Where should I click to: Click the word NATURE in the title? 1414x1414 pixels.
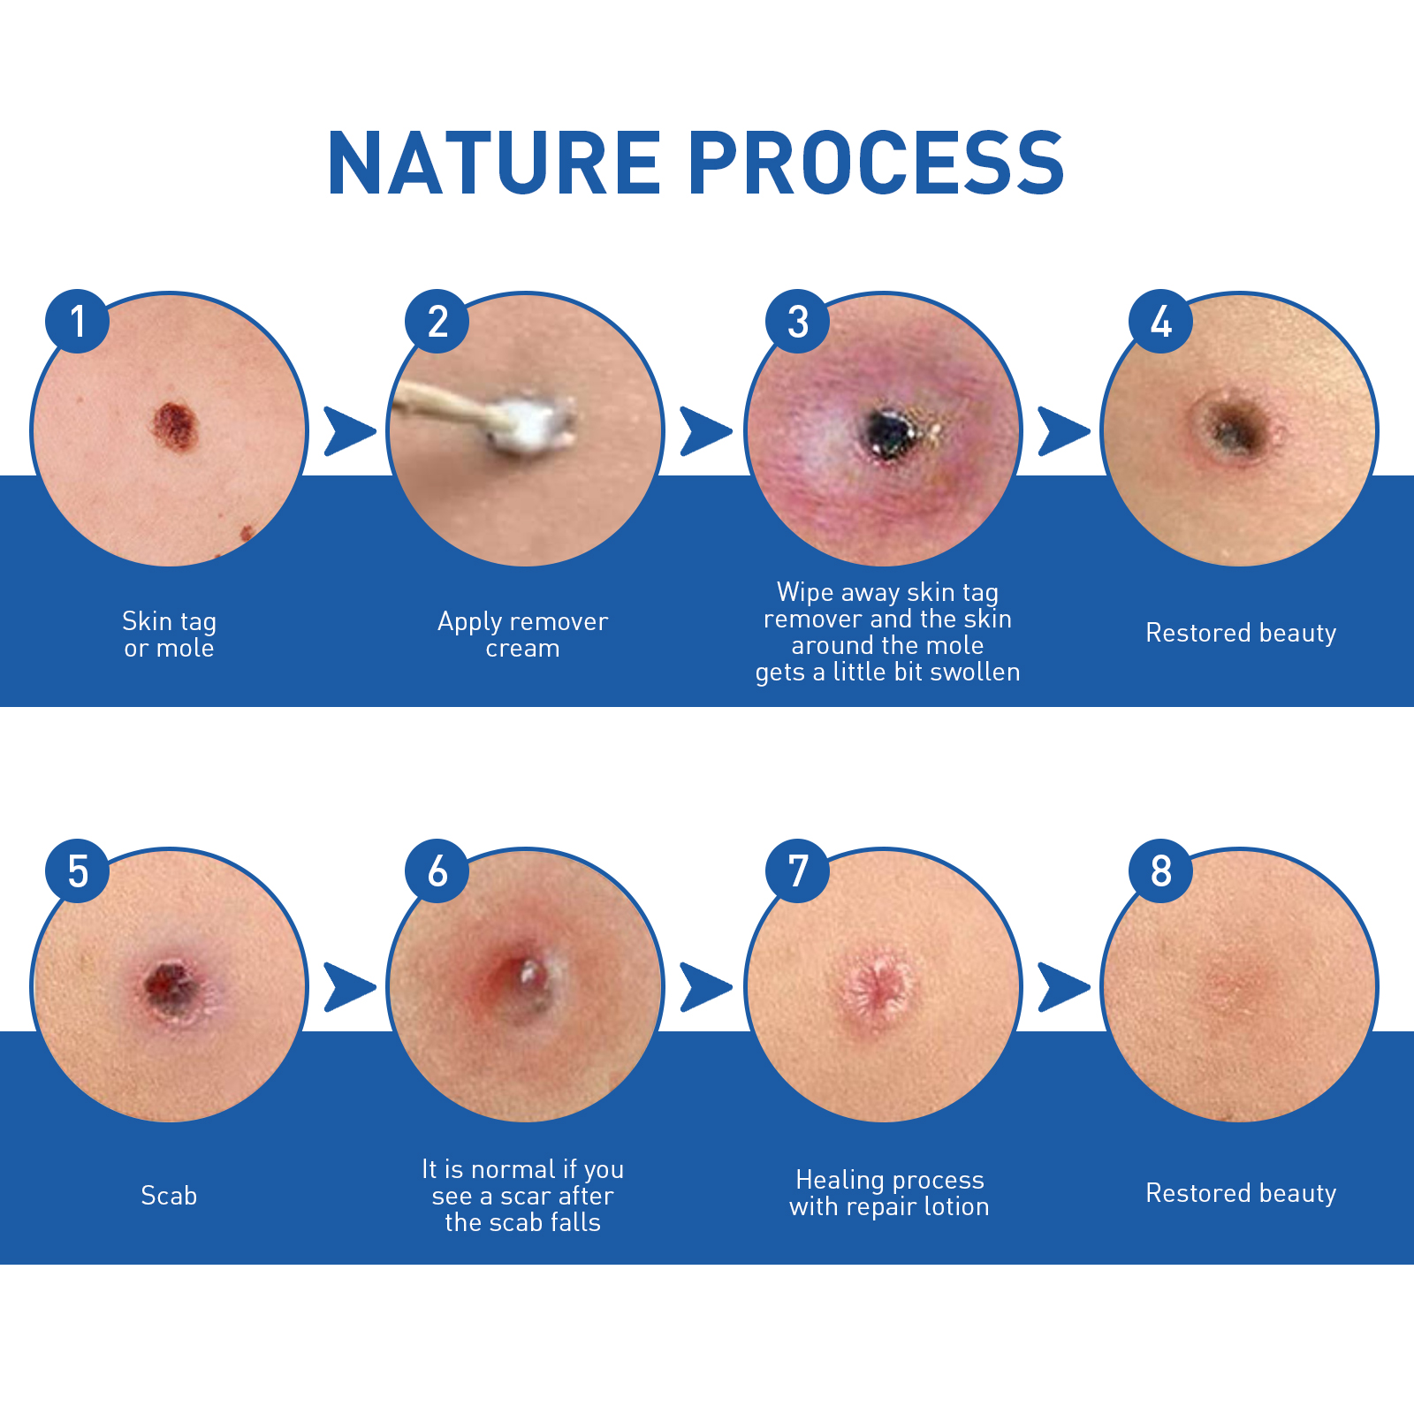pos(494,163)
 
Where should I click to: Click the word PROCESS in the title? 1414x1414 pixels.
pos(877,163)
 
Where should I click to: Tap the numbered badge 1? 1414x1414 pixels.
pos(78,322)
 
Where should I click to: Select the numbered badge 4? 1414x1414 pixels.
pos(1161,322)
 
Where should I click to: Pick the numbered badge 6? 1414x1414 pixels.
pos(437,871)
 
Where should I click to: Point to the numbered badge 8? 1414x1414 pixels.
pos(1161,871)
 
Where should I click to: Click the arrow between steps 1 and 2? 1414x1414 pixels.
pos(350,431)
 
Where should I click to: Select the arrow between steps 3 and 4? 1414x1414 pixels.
pos(1064,431)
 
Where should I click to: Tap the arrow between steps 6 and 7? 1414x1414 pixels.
pos(706,987)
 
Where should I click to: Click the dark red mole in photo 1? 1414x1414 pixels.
pos(174,426)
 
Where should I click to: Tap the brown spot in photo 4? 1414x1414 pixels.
pos(1233,427)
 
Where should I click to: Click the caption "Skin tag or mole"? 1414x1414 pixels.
pos(169,635)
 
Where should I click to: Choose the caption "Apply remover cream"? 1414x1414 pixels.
pos(523,635)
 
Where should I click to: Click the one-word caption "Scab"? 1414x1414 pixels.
pos(169,1196)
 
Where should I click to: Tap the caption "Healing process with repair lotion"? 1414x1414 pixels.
pos(889,1193)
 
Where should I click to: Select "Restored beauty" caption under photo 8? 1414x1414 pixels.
pos(1241,1193)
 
